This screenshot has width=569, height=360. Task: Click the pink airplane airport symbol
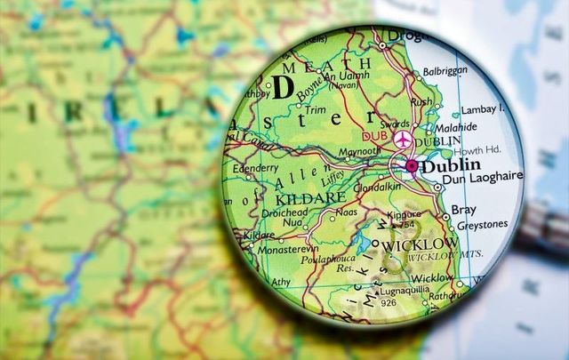coord(404,139)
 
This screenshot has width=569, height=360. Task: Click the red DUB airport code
coord(373,137)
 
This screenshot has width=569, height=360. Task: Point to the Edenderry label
coord(256,168)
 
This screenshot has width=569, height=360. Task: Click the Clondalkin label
coord(378,188)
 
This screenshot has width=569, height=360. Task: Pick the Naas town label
coord(346,214)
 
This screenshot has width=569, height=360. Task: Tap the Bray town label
coord(464,211)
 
